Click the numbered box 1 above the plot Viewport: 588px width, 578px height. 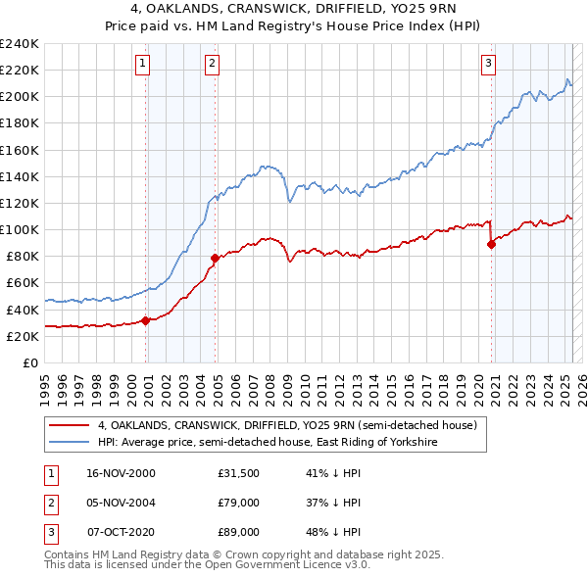(x=142, y=65)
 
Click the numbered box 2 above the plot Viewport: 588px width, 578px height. (x=212, y=65)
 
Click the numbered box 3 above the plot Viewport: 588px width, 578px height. (x=488, y=65)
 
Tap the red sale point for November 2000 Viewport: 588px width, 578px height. (x=146, y=319)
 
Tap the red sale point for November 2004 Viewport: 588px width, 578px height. (x=215, y=258)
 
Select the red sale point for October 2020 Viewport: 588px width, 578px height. (x=491, y=245)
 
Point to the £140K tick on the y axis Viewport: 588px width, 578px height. (x=20, y=176)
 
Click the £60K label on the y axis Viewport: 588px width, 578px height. (x=23, y=283)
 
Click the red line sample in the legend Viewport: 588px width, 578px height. (x=70, y=425)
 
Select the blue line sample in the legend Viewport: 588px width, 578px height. (x=70, y=442)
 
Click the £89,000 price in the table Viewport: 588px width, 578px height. (x=239, y=533)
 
